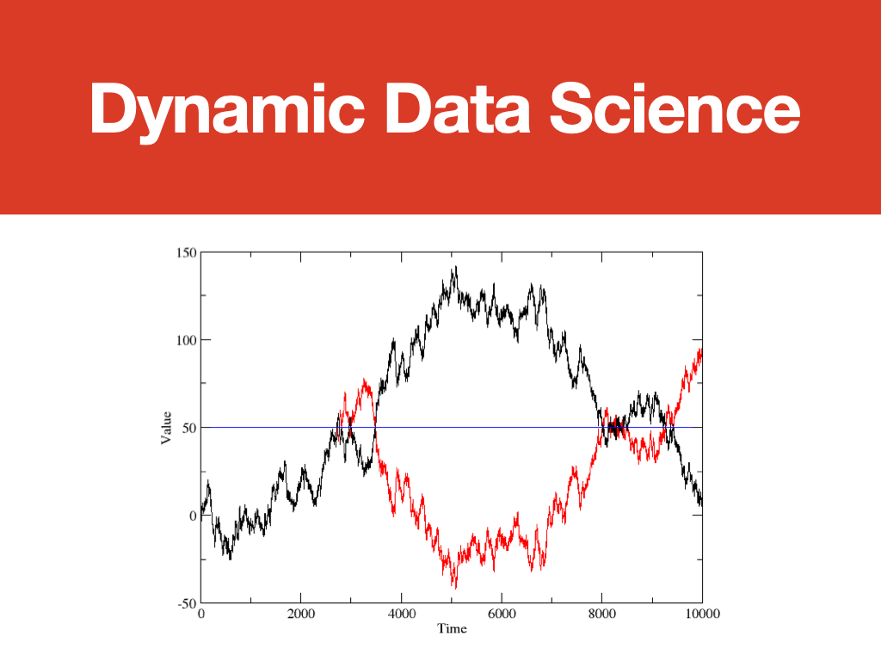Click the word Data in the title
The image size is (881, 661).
(458, 108)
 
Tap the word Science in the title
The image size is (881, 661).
(675, 108)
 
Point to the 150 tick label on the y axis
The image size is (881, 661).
(187, 253)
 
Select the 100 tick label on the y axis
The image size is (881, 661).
(187, 341)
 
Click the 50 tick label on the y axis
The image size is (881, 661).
(190, 429)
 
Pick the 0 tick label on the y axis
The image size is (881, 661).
(194, 516)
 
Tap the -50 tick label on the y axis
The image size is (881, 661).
(188, 604)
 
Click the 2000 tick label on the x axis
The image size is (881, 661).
(301, 614)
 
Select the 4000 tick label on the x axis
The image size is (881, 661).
(402, 614)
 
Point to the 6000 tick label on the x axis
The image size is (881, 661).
(502, 614)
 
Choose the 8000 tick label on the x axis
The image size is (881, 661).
(602, 614)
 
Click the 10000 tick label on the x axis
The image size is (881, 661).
(702, 614)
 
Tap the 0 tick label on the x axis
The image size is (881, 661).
(201, 614)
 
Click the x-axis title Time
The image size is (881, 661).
(453, 628)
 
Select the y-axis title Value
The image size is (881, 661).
(166, 428)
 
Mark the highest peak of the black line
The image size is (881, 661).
(456, 267)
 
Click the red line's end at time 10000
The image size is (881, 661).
(702, 349)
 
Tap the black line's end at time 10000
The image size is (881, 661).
(702, 504)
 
